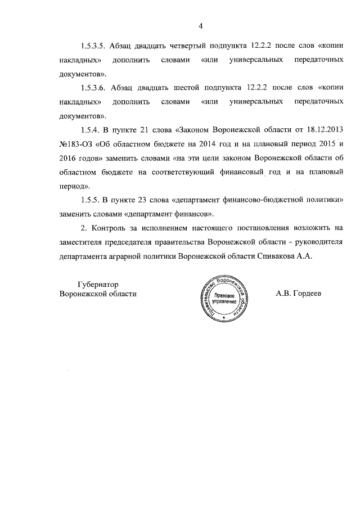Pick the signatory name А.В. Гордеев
(x=299, y=294)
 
